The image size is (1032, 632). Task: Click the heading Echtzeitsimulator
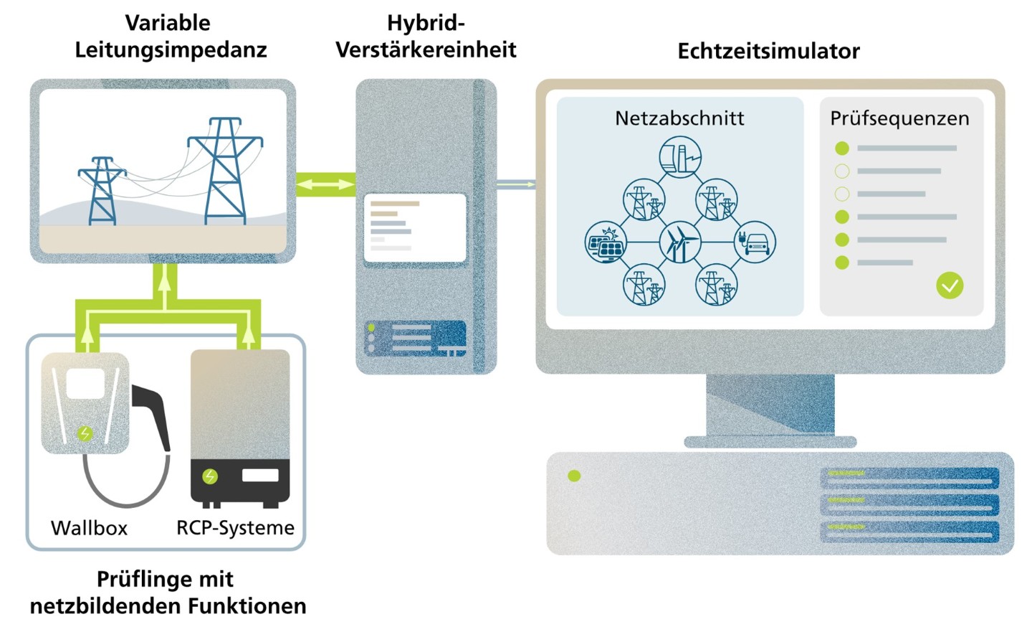point(768,51)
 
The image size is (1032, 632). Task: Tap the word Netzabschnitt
point(679,118)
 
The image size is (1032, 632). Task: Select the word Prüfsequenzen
point(900,118)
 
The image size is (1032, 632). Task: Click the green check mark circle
point(950,286)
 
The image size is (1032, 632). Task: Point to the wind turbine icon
point(679,242)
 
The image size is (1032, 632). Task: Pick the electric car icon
point(754,242)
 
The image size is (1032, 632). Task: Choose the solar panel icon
point(606,242)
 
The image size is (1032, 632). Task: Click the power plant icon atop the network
point(680,157)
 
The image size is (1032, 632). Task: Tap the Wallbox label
point(89,528)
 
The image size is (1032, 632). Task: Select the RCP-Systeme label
point(235,528)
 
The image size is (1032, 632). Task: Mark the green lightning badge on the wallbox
point(85,433)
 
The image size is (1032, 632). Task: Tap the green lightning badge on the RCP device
point(210,476)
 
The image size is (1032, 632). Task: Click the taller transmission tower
point(225,171)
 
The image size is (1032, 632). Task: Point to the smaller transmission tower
point(102,191)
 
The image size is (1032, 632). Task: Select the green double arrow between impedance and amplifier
point(325,184)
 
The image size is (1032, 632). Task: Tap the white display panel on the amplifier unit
point(415,228)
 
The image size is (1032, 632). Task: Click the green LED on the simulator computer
point(574,476)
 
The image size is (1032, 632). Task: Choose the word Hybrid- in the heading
point(426,23)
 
